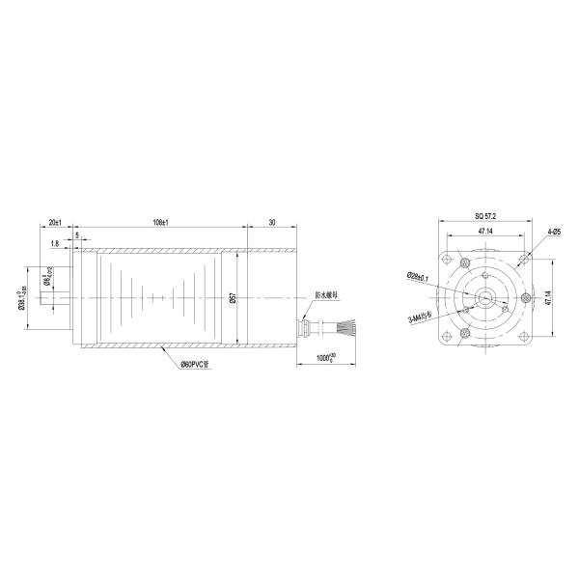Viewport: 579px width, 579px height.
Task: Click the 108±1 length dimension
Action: click(161, 223)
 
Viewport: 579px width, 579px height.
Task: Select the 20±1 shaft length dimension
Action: click(56, 223)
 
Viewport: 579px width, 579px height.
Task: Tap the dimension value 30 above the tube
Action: click(272, 223)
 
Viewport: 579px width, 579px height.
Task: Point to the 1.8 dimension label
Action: click(55, 244)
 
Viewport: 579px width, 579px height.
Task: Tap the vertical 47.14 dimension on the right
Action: click(547, 298)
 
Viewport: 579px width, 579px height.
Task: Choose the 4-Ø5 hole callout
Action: click(554, 233)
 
